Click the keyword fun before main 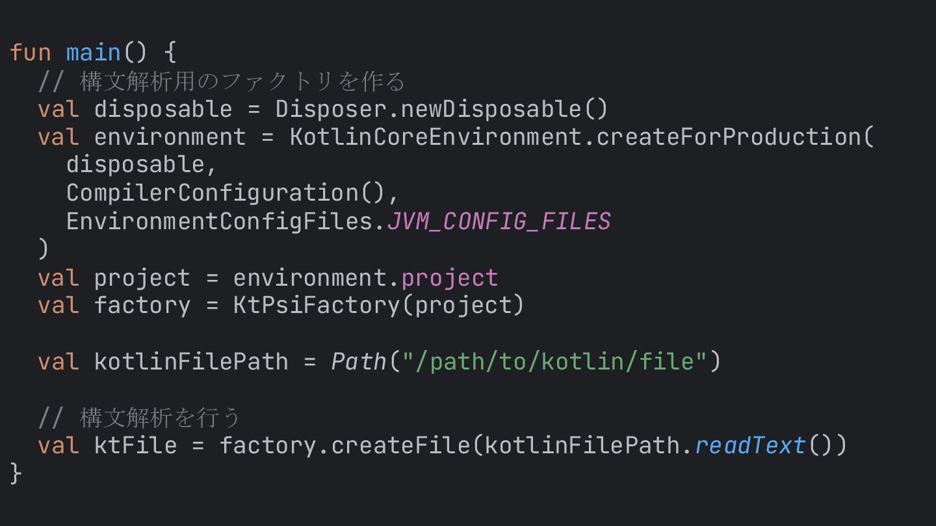pos(31,52)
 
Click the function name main pos(94,52)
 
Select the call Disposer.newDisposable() pos(441,108)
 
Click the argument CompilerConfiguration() pos(231,193)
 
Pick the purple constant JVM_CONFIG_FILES pos(499,221)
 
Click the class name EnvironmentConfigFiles pos(220,221)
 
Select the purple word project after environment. pos(450,278)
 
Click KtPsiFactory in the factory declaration pos(316,305)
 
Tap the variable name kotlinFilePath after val pos(191,361)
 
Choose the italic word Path pos(359,361)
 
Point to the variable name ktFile pos(135,445)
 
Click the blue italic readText pos(750,445)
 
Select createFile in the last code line pos(400,445)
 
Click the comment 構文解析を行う pos(159,418)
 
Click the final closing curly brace pos(16,473)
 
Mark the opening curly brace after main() pos(170,52)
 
